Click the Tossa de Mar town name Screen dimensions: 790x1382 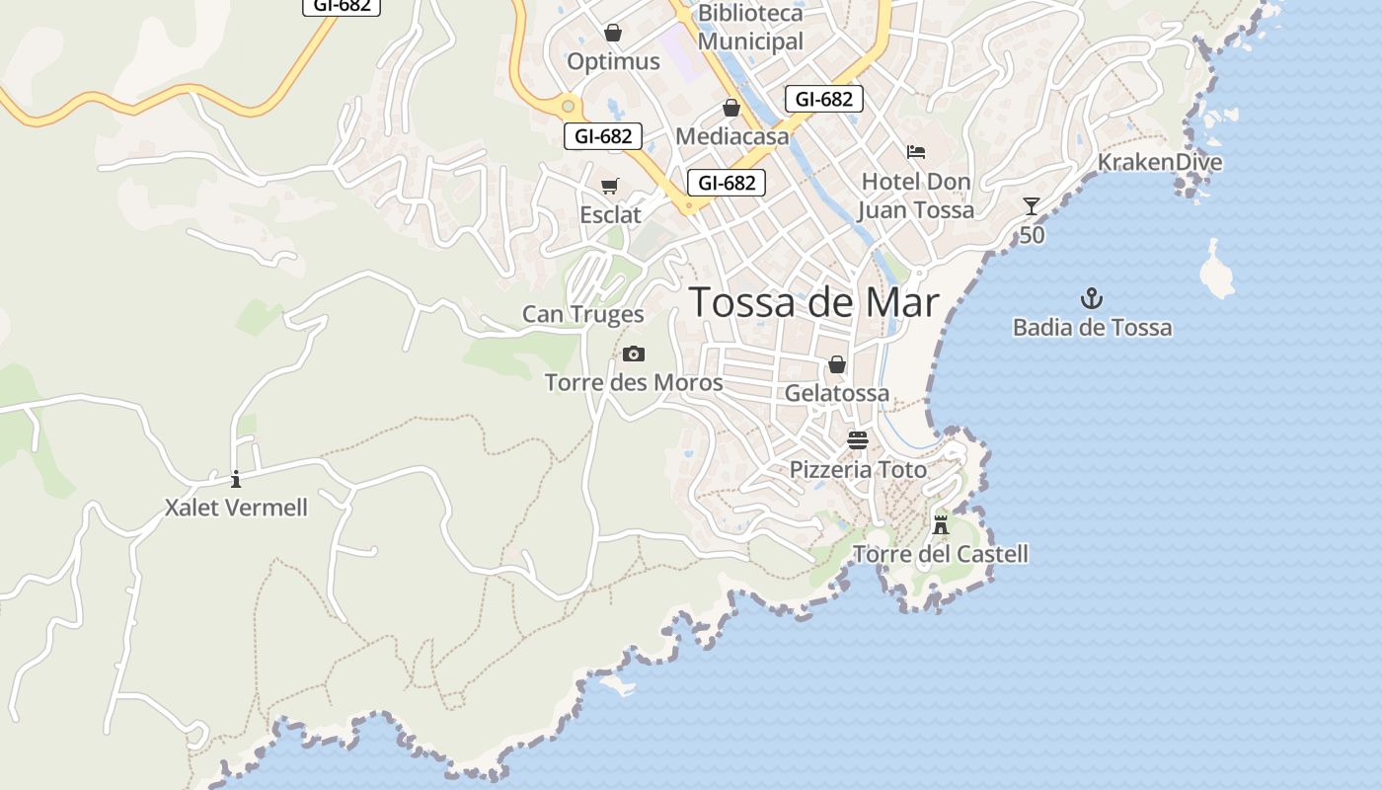(x=813, y=302)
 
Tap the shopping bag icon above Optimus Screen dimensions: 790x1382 (x=613, y=33)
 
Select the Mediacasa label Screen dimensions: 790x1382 (x=731, y=136)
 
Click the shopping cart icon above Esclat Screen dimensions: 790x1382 (x=610, y=186)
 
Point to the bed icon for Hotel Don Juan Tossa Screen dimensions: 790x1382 (x=916, y=152)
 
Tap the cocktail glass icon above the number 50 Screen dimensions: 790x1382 (x=1032, y=205)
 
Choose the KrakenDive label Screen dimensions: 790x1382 (x=1160, y=162)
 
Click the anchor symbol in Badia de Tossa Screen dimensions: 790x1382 (x=1092, y=298)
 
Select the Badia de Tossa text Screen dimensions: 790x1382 (x=1092, y=327)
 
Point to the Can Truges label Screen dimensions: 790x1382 (x=582, y=314)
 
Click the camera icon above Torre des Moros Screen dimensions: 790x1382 (x=634, y=354)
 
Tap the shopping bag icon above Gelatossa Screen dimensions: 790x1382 (x=837, y=364)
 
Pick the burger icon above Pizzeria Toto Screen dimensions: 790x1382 (x=857, y=440)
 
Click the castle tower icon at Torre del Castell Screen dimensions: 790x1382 (x=941, y=524)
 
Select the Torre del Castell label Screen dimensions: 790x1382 (x=940, y=554)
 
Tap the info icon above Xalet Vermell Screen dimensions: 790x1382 (x=236, y=480)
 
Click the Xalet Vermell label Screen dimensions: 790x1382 (x=236, y=508)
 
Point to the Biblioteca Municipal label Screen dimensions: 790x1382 (x=750, y=28)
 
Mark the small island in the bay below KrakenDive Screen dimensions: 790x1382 (x=1215, y=272)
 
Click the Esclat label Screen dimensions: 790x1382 (x=610, y=214)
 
